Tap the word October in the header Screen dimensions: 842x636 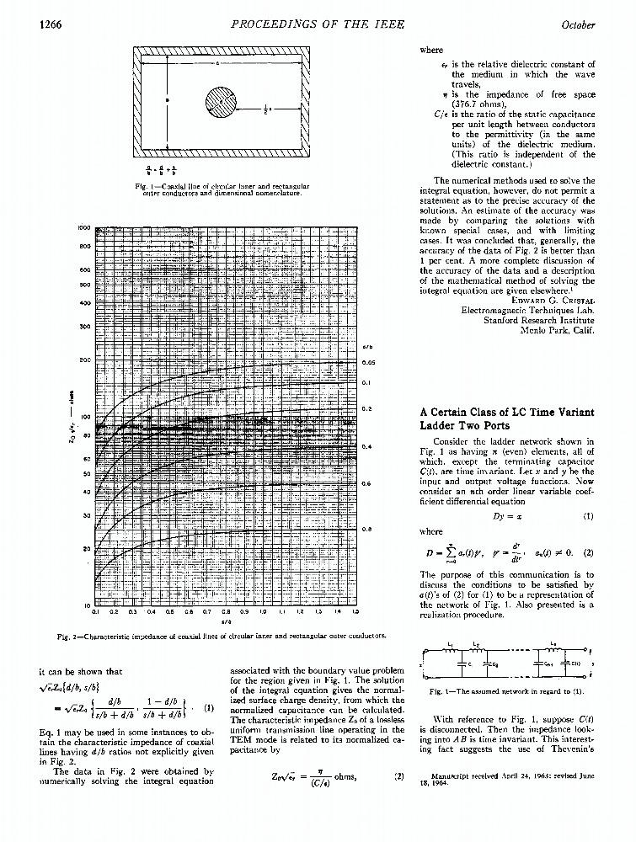point(578,24)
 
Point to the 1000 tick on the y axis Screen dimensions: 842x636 point(83,227)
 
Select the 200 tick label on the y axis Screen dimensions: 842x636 point(84,360)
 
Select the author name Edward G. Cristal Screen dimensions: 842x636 point(553,299)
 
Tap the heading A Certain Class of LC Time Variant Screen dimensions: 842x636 point(506,412)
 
